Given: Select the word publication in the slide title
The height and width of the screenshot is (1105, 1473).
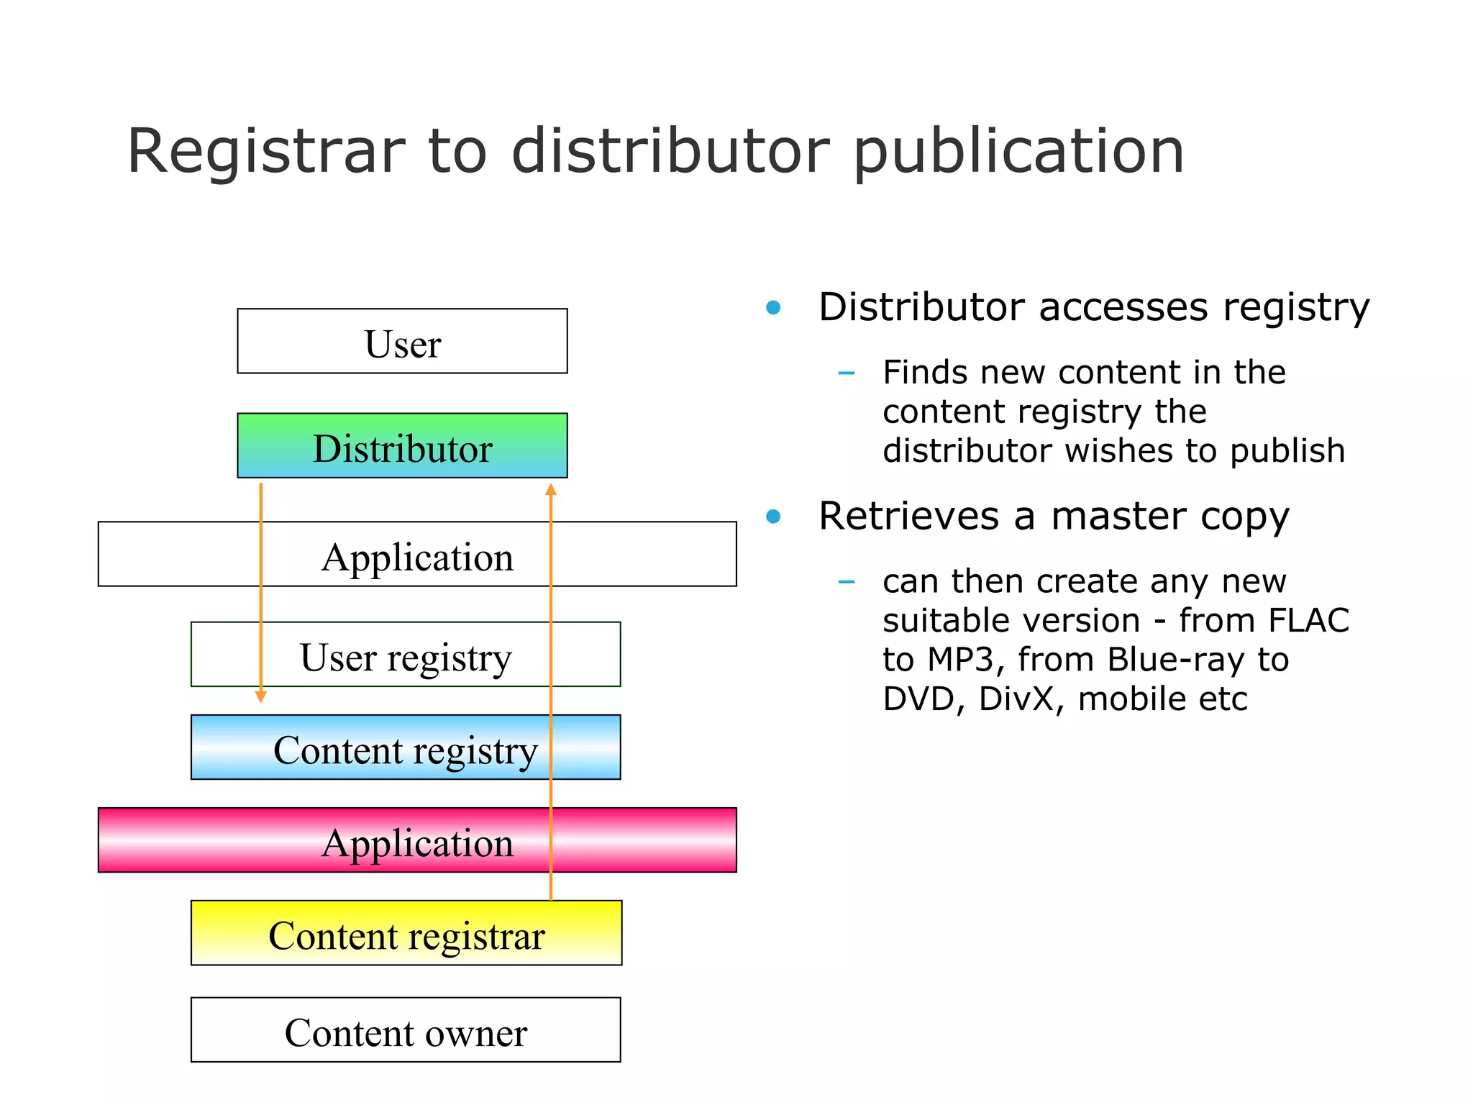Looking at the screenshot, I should (1018, 153).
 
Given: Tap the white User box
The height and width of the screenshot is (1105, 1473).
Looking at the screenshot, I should (402, 342).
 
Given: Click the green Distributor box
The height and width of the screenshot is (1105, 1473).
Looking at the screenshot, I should (402, 446).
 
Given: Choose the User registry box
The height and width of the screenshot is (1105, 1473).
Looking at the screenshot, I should (406, 655).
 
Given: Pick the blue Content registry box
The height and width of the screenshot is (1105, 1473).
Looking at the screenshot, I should (406, 748).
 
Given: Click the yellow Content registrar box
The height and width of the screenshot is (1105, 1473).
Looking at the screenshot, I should (406, 934).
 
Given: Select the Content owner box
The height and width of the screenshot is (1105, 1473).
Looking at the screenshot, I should (406, 1031).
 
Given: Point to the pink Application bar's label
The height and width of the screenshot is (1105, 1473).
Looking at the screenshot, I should (417, 842).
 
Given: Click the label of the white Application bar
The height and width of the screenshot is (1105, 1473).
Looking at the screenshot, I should (417, 556).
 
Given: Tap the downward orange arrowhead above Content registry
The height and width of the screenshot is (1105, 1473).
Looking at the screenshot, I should (261, 696).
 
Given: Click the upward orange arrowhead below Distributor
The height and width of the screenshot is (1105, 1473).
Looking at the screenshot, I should (551, 491).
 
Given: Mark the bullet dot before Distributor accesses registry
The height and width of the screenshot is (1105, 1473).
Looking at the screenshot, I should (773, 308).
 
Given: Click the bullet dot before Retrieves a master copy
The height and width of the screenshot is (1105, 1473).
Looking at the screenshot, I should (773, 517).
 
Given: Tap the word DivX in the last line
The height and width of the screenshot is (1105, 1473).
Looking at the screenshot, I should (1021, 699).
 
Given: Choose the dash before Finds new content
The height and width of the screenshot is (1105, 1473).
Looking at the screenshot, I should (847, 373).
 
